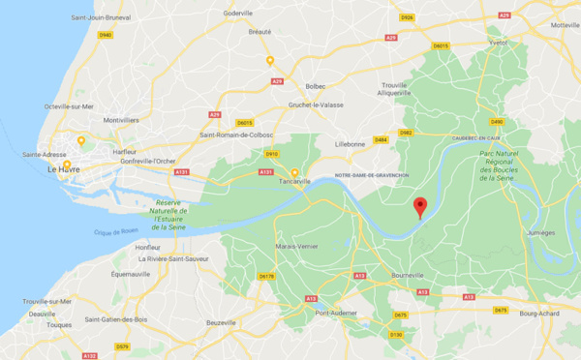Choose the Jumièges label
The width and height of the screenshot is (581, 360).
click(539, 233)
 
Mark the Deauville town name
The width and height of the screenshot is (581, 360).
click(42, 314)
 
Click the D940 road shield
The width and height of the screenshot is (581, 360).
click(105, 35)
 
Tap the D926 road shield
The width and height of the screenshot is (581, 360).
click(407, 17)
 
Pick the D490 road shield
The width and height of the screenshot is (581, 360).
click(497, 121)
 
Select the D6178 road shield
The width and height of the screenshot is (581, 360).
click(266, 276)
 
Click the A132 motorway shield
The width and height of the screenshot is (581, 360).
click(89, 355)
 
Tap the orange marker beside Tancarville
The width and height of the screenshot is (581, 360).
click(294, 173)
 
